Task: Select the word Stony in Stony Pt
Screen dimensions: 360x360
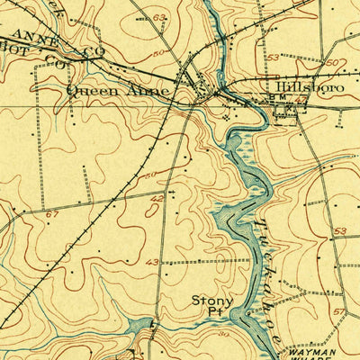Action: point(211,301)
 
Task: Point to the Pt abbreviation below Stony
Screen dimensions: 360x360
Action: point(212,313)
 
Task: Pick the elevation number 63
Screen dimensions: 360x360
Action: point(159,17)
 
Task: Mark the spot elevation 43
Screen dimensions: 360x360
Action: point(152,262)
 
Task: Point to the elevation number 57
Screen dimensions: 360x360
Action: point(338,310)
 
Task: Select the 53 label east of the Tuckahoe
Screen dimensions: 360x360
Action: point(339,231)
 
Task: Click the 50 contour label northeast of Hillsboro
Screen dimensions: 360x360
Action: point(331,62)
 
